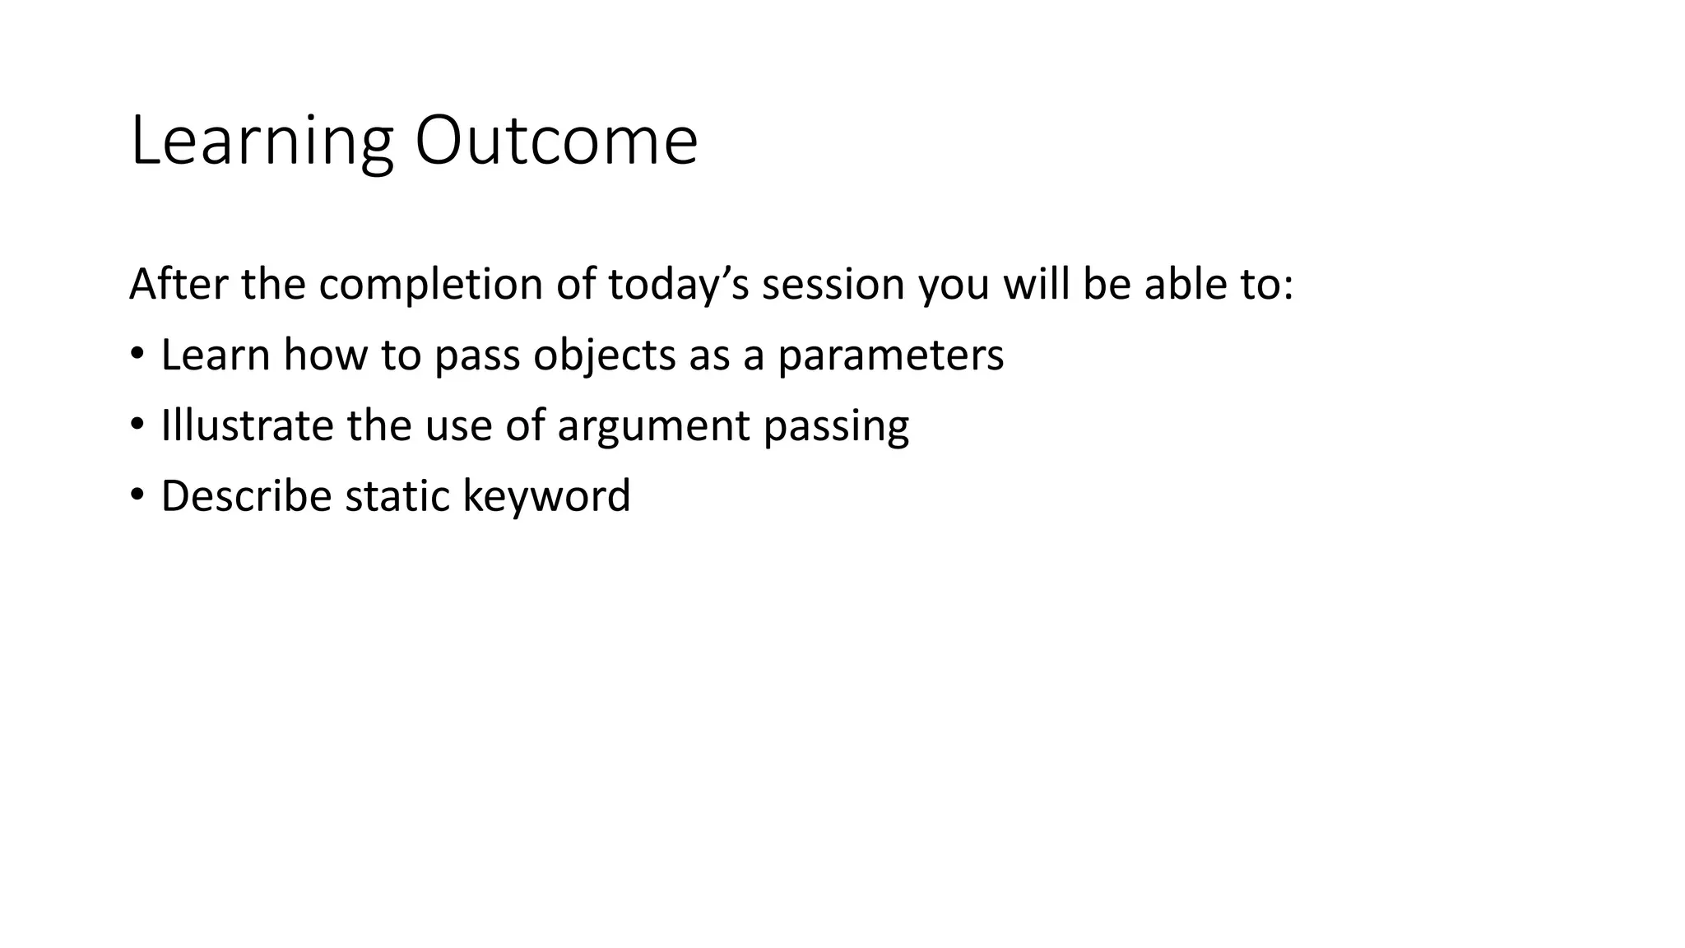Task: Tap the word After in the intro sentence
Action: point(178,284)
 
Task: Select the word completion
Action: point(429,285)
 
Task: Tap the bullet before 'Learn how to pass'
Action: point(137,355)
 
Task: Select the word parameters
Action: point(890,355)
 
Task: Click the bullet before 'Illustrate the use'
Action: point(137,425)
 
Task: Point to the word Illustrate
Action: point(246,425)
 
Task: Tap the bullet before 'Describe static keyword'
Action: point(137,495)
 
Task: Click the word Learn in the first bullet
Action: point(216,355)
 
